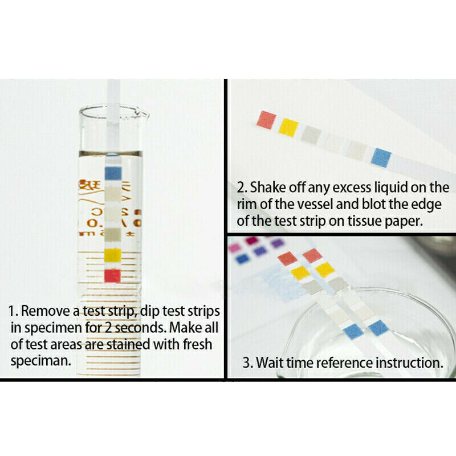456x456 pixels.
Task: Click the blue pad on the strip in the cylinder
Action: point(112,172)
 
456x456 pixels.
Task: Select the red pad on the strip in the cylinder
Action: point(112,275)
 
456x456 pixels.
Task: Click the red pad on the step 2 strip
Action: point(266,119)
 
